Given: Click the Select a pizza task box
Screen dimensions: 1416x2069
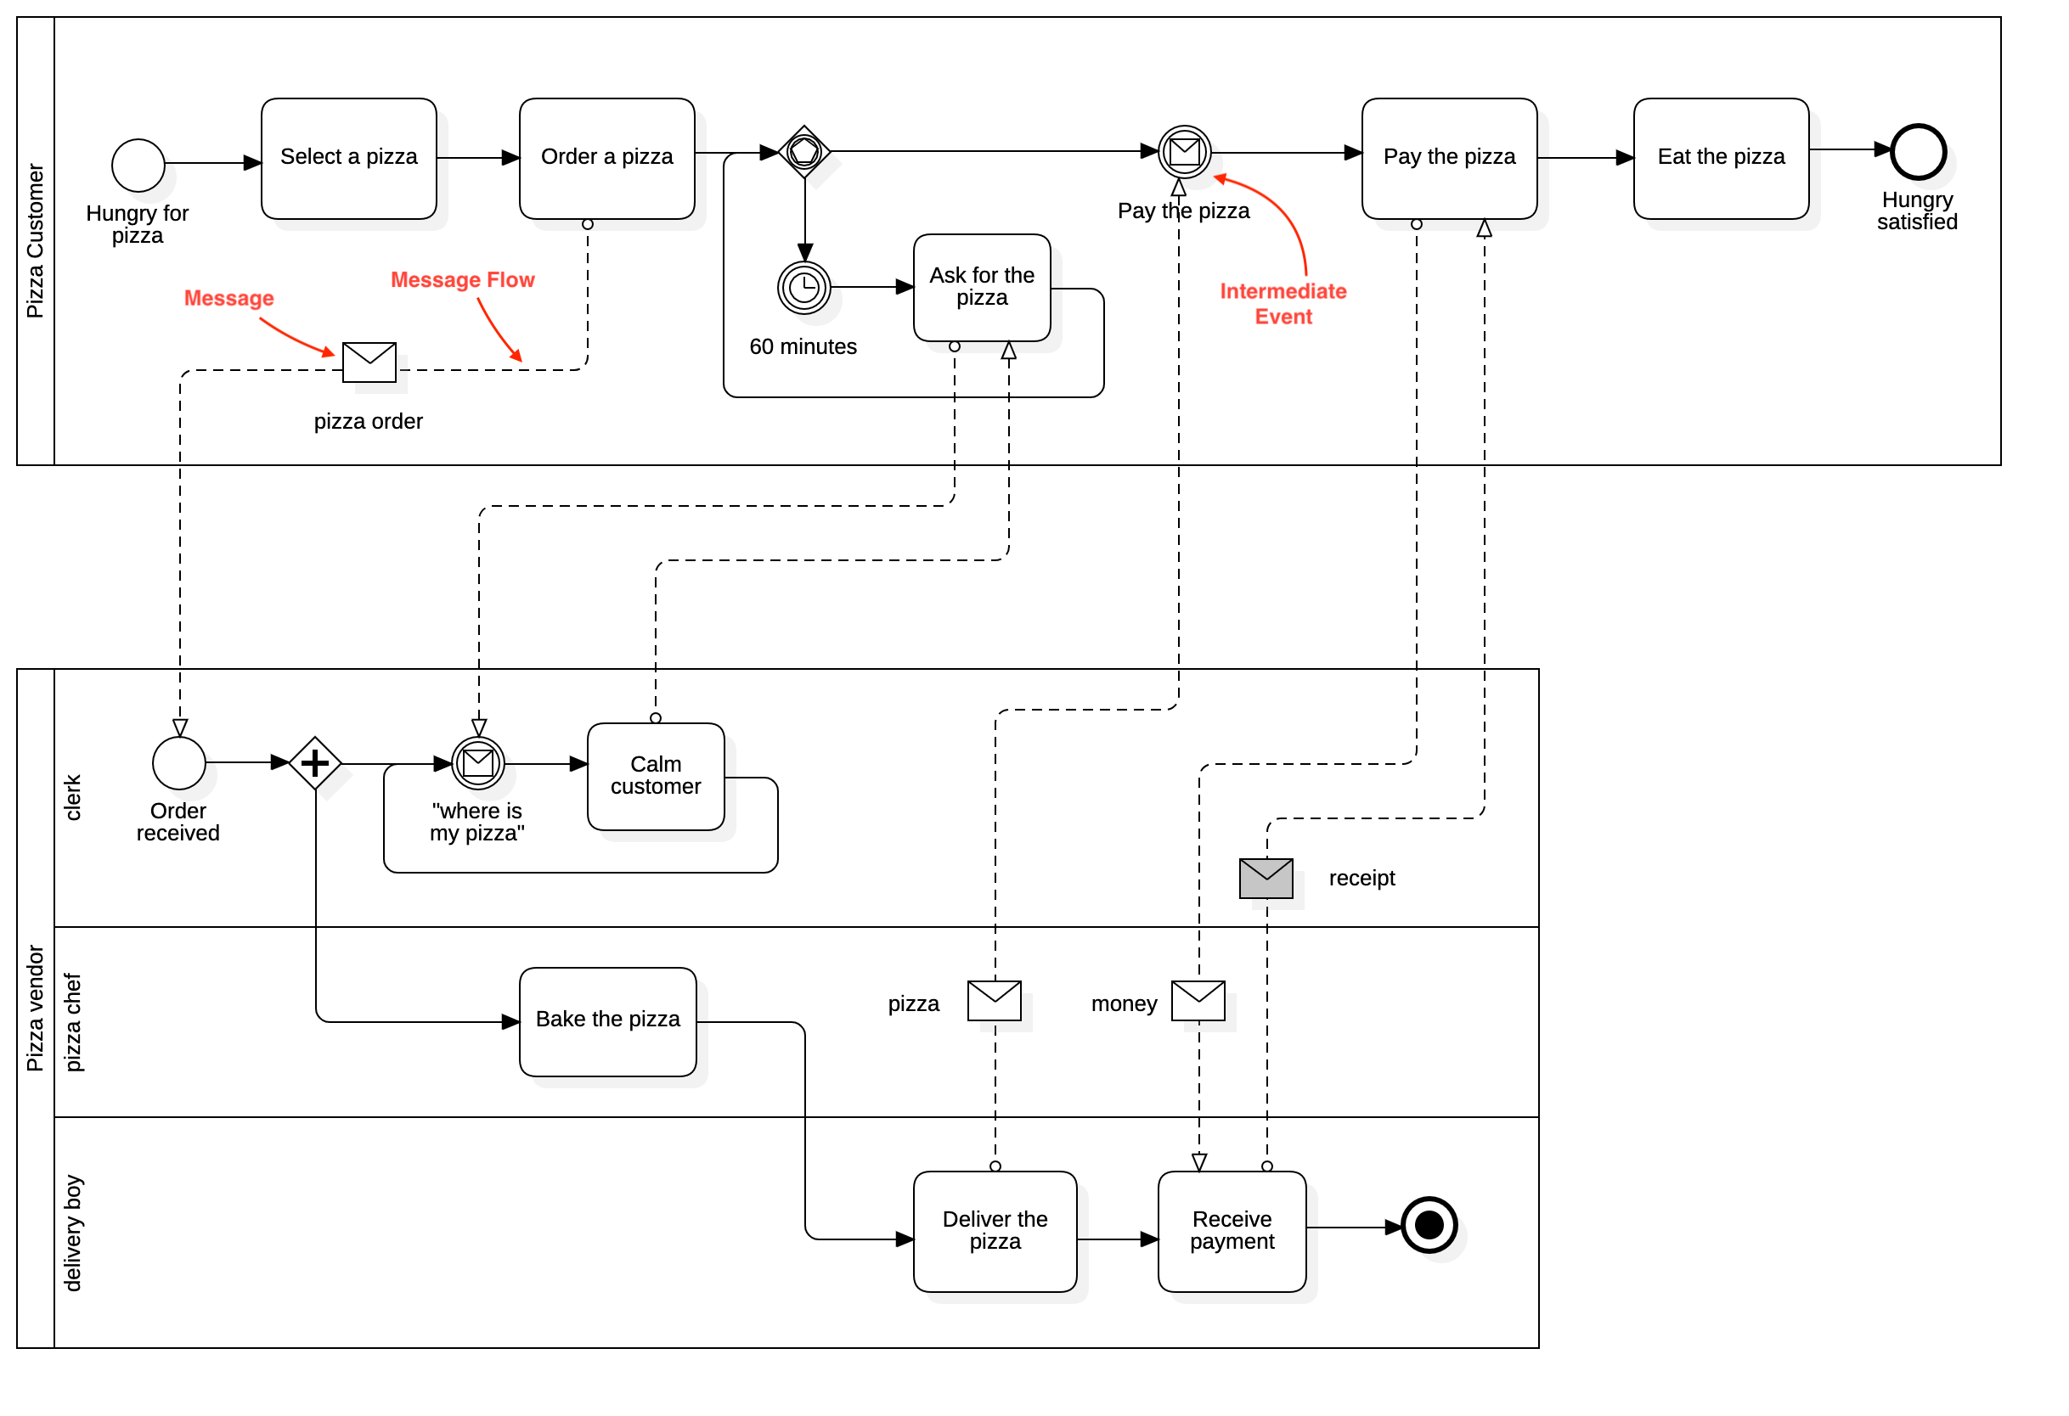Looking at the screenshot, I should [349, 159].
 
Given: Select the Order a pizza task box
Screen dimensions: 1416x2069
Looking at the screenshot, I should [607, 159].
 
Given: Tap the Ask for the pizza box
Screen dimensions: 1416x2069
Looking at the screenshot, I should [982, 288].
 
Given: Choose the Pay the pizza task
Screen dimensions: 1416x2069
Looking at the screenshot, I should [1449, 159].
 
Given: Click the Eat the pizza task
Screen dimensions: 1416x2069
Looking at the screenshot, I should [1721, 159].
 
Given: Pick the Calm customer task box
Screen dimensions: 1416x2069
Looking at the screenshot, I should [657, 776].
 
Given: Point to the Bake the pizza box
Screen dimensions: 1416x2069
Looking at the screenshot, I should [608, 1021].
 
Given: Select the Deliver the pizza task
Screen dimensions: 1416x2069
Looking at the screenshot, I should [995, 1231].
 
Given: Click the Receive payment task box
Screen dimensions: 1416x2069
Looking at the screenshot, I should [1232, 1231].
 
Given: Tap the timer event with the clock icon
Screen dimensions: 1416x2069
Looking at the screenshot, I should [805, 288].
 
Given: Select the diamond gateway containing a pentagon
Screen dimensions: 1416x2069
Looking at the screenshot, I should [804, 151].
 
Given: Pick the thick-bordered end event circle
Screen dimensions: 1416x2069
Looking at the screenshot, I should [1429, 1226].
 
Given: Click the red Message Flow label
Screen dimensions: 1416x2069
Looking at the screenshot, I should [462, 280].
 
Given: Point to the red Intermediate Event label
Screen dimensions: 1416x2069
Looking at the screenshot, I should [1283, 304].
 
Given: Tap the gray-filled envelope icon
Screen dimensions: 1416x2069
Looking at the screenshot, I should [1266, 879].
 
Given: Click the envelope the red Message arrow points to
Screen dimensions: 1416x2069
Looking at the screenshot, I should [369, 362].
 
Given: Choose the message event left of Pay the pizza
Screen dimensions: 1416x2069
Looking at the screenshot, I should [1185, 152].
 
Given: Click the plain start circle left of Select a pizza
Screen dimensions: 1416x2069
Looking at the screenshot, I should [139, 166].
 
